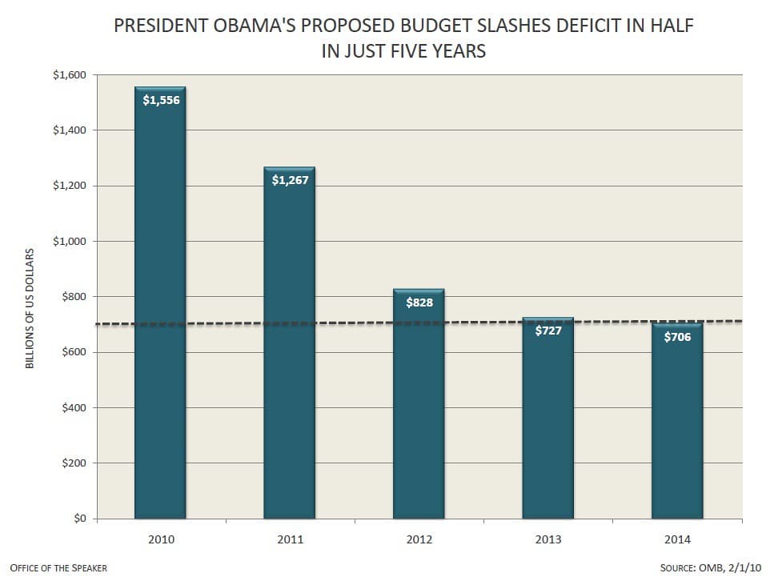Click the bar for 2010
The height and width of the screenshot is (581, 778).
(160, 303)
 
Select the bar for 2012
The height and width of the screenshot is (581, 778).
(419, 404)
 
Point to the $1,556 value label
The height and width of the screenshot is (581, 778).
(161, 100)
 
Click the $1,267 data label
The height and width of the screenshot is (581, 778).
(291, 180)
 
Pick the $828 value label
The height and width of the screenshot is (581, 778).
(419, 303)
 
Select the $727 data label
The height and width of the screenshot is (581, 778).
(548, 331)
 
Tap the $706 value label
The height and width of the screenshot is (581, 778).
(677, 338)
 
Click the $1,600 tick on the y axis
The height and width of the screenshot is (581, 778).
(70, 75)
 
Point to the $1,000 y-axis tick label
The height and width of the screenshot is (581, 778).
(70, 241)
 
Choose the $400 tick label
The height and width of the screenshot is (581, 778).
(74, 408)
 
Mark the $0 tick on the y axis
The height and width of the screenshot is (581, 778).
(80, 519)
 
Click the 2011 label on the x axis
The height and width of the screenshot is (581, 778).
(291, 539)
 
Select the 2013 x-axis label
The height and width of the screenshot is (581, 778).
(548, 539)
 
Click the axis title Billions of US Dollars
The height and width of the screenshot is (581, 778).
(30, 309)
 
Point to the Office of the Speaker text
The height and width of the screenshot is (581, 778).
(58, 568)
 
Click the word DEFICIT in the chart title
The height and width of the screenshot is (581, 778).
(588, 26)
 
